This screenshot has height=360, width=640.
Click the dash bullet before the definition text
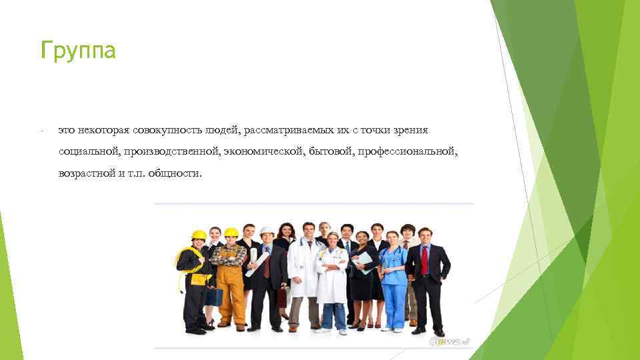coord(41,130)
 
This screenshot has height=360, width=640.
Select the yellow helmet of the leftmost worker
coord(199,235)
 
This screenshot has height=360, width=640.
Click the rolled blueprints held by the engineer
coord(257,263)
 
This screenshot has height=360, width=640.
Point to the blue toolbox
coord(213,296)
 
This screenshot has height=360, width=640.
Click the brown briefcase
coord(283,296)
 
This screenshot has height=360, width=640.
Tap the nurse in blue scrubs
coord(393,280)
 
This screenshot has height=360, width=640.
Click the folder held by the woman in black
coord(363,263)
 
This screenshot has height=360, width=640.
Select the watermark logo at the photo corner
coord(452,341)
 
